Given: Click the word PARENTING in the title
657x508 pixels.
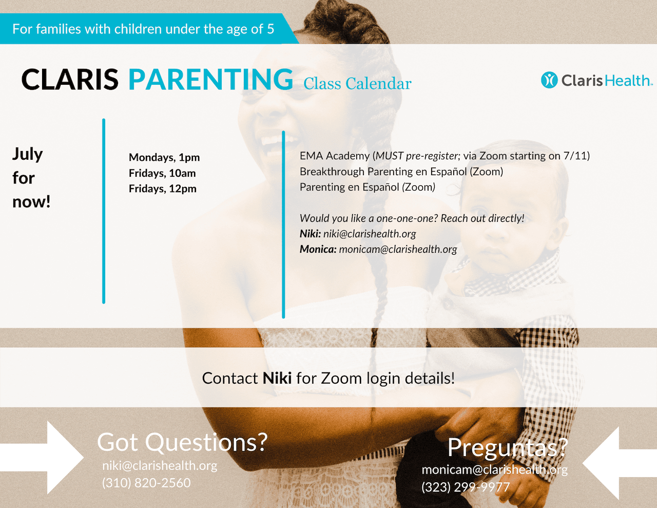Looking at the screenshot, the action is pos(211,79).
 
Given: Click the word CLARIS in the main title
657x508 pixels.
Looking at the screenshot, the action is pos(70,79).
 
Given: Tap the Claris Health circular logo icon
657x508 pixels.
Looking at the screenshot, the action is pos(549,80).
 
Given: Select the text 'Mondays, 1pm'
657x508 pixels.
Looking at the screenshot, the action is pos(164,157).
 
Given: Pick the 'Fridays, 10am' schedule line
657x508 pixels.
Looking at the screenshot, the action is pos(162,173).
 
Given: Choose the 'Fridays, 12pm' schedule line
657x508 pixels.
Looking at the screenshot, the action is pos(163,189).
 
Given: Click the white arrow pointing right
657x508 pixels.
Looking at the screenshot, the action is pos(42,458).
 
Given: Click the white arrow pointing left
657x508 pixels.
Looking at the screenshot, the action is pos(620,463).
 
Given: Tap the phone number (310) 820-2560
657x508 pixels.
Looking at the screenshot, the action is pos(146,483).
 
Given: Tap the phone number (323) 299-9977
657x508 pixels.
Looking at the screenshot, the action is pos(466,487).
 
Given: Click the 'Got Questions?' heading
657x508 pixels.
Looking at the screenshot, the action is pos(182,442).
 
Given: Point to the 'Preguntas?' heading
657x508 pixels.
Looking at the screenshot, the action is pos(508,448).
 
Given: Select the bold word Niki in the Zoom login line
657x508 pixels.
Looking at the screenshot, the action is pos(277,378).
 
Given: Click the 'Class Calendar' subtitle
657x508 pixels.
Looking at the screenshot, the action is pos(357,84).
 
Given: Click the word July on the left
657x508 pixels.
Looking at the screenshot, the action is pos(28,155).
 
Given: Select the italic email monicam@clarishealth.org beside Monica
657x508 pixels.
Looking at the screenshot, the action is pos(398,249).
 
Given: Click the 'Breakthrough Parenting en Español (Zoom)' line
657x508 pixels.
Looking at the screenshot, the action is pos(401,172).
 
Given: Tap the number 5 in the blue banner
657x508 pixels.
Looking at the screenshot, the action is pos(270,29).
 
